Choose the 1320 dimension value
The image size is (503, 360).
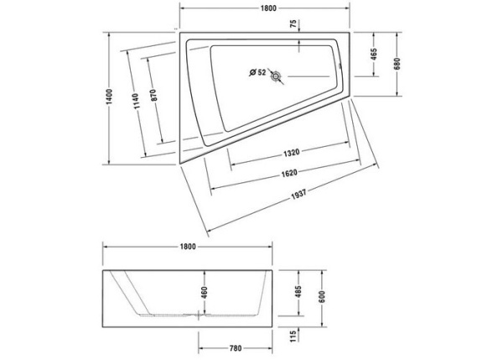pyautogui.click(x=289, y=152)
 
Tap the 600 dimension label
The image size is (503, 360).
pyautogui.click(x=321, y=296)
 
